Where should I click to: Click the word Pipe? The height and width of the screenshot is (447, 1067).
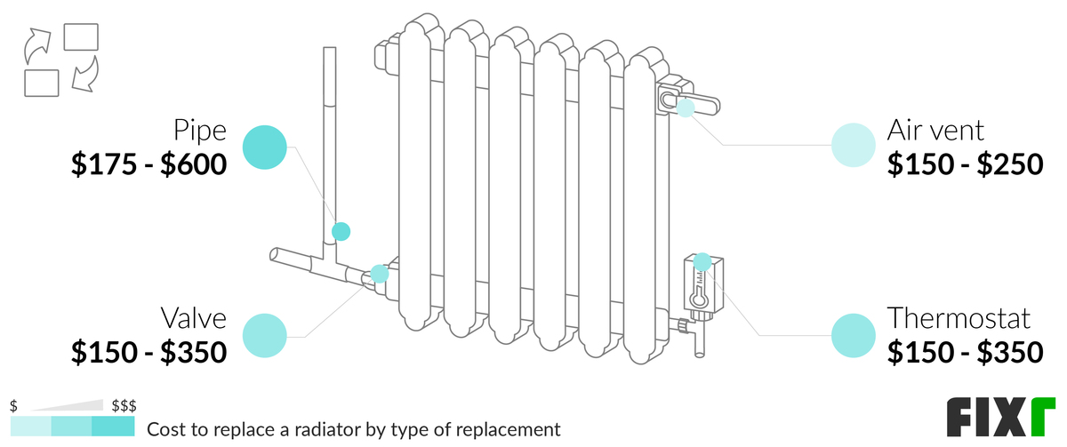pos(200,132)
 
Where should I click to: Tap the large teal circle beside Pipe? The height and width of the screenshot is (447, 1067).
pos(265,147)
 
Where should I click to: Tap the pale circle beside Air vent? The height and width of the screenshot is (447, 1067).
pos(853,146)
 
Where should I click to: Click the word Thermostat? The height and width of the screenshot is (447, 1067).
pos(959,318)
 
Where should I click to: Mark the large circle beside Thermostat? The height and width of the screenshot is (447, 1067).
pos(853,335)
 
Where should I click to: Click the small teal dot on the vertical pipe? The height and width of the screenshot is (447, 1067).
pos(341,231)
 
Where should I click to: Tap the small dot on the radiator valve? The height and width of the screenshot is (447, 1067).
pos(380,274)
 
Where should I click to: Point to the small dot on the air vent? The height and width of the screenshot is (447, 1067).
pos(685,108)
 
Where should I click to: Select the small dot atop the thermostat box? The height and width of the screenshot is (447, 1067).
pos(702,261)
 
